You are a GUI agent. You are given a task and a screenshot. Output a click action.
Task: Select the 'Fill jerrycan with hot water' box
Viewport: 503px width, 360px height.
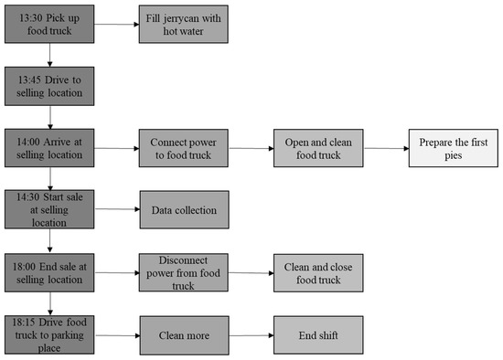point(182,25)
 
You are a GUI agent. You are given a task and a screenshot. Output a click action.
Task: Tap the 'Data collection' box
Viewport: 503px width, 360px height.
point(182,211)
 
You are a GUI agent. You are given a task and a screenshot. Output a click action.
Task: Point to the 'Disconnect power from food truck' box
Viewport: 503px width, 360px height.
point(182,272)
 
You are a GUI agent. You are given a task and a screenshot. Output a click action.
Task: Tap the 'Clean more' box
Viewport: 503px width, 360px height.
point(182,334)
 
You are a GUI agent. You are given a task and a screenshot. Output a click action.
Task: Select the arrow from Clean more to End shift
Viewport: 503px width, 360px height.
point(249,335)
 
